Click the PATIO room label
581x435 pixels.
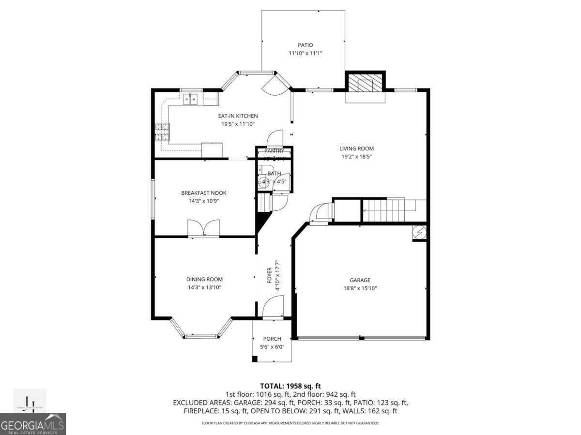[305, 45]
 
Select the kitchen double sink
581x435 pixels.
[190, 99]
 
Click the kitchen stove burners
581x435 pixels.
[162, 132]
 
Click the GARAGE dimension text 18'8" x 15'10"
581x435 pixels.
[360, 288]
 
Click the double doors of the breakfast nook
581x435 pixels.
[203, 228]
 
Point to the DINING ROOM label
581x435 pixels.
[204, 279]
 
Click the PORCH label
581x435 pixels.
[272, 339]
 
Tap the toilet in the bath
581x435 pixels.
[264, 182]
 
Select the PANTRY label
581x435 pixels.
[274, 151]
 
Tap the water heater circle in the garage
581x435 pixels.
[418, 232]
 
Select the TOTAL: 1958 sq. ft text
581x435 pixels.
[290, 386]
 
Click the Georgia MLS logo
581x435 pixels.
[33, 424]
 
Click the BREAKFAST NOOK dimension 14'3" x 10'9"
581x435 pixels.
[203, 201]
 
